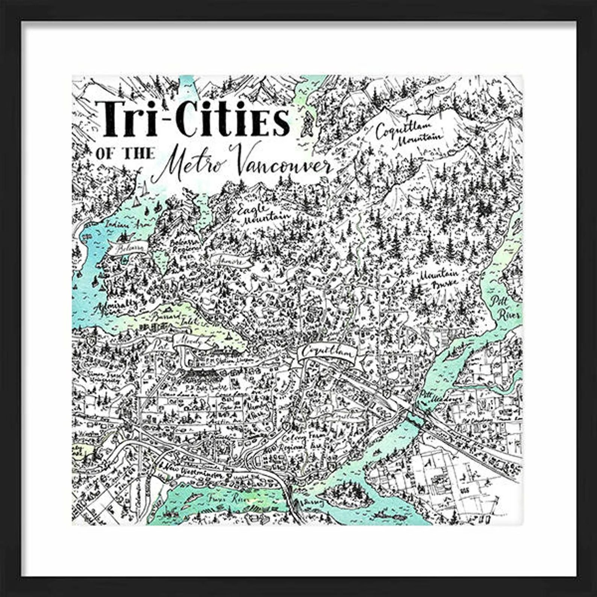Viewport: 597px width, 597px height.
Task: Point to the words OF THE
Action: [x=125, y=153]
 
